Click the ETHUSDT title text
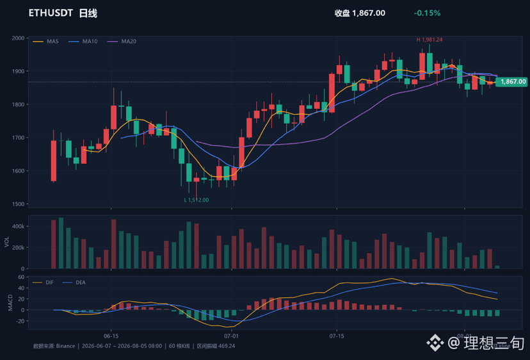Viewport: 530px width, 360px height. click(51, 13)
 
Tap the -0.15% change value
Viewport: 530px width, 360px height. click(427, 13)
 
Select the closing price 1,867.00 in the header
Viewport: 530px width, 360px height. click(369, 13)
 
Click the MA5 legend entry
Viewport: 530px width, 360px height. click(45, 41)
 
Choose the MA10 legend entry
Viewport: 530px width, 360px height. click(83, 41)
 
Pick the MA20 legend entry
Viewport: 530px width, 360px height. click(122, 41)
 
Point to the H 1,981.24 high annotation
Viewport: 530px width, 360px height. click(430, 40)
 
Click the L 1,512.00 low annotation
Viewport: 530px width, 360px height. click(197, 200)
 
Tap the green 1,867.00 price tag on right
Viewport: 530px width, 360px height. click(511, 81)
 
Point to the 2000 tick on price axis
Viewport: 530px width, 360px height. click(18, 38)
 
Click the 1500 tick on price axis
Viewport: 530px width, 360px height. click(18, 204)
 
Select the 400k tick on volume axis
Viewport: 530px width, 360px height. click(18, 226)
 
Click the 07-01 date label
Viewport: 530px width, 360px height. click(231, 336)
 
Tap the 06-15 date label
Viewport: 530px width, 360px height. click(111, 336)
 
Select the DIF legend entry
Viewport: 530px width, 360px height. click(43, 282)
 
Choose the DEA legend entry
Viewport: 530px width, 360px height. click(74, 282)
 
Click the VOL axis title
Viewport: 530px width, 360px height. click(7, 241)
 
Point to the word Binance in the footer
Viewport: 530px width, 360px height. click(65, 346)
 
